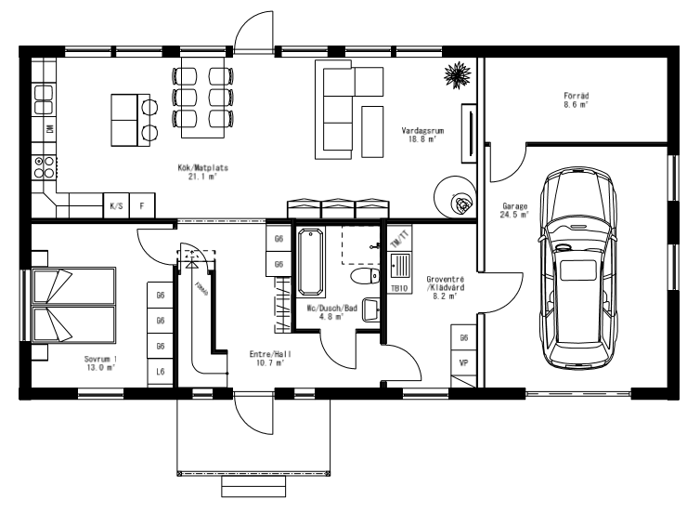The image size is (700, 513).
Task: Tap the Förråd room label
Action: tap(577, 99)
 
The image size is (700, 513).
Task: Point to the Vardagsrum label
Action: tap(423, 136)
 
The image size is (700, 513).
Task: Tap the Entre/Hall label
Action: tap(266, 358)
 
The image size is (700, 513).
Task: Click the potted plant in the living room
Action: tap(456, 72)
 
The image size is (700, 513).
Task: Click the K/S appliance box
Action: tap(116, 205)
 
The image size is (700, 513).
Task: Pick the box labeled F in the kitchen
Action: tap(142, 205)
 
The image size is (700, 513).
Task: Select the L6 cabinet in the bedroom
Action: tap(161, 372)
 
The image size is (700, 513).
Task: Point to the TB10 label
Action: tap(399, 288)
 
